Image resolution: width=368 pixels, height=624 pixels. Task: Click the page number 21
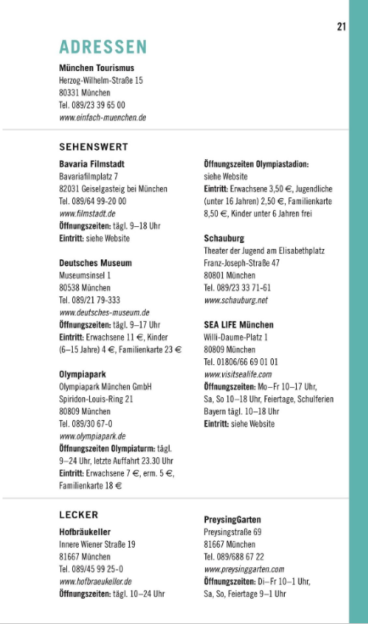point(341,26)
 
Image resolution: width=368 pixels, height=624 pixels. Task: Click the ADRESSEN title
point(103,47)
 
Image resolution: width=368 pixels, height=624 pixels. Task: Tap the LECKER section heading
point(79,515)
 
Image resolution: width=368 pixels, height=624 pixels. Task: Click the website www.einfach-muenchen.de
point(103,118)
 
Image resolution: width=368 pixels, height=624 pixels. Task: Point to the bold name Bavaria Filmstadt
point(92,163)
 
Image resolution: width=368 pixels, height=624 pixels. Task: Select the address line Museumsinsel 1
point(86,275)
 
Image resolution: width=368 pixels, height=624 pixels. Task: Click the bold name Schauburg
point(224,239)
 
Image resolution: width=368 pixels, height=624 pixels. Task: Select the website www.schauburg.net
point(236,301)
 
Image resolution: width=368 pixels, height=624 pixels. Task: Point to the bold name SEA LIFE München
point(238,324)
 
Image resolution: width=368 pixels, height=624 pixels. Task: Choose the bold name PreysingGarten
point(232,519)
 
